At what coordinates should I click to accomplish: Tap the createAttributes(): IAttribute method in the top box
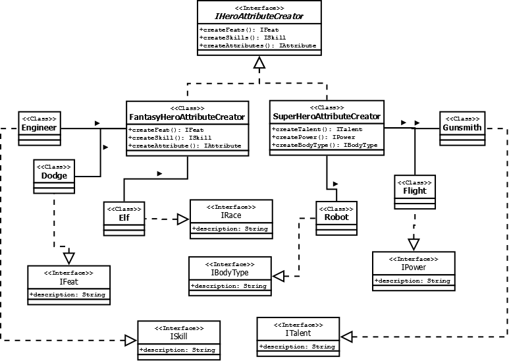click(257, 46)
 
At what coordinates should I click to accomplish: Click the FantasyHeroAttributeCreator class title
click(187, 117)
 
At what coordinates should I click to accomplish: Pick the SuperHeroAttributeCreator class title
click(327, 117)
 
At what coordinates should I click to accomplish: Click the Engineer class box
click(38, 126)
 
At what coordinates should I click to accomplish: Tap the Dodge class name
click(54, 176)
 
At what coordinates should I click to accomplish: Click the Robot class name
click(336, 217)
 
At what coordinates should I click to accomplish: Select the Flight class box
click(414, 190)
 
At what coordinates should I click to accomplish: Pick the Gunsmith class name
click(462, 128)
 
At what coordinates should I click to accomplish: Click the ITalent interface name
click(298, 333)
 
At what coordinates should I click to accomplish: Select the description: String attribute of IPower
click(413, 281)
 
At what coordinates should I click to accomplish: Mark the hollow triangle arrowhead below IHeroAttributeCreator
click(259, 63)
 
